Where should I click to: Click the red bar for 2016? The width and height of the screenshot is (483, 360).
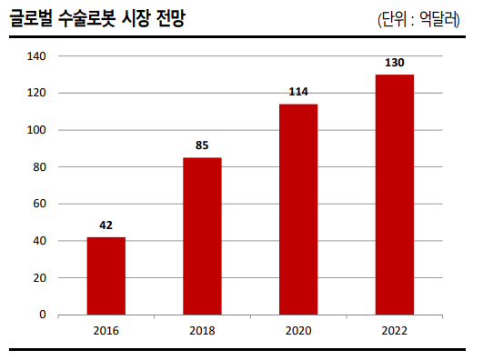click(106, 275)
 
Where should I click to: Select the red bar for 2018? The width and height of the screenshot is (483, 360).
click(202, 236)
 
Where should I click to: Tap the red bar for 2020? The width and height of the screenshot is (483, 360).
click(298, 209)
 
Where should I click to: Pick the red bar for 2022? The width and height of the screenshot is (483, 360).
click(395, 195)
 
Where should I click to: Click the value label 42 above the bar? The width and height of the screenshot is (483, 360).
click(106, 225)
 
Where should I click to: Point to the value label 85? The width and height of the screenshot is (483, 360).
click(202, 145)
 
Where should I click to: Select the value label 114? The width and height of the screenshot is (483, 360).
click(298, 92)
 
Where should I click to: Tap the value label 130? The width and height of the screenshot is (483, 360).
click(395, 63)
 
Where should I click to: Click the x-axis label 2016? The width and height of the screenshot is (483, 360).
click(106, 330)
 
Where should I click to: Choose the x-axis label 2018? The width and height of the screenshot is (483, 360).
click(202, 330)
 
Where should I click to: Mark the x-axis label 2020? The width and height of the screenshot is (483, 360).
click(298, 330)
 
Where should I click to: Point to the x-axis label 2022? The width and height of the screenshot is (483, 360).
click(395, 330)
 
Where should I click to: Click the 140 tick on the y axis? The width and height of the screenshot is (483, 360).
click(37, 56)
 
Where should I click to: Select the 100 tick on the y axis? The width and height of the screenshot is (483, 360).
click(37, 130)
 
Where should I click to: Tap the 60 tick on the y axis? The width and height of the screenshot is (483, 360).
click(40, 205)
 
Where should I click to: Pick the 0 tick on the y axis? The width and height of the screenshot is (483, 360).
click(43, 315)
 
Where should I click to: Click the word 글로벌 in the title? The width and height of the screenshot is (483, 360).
click(31, 19)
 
